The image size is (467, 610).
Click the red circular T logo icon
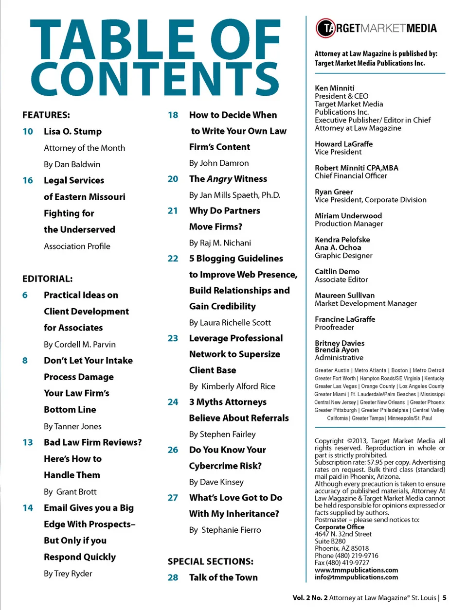point(325,28)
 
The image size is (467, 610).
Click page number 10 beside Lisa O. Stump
point(28,132)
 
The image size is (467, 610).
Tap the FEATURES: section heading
point(46,115)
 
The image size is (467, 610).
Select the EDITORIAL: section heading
point(48,279)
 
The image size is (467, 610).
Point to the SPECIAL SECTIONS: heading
point(211,561)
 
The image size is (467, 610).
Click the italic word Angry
point(219,179)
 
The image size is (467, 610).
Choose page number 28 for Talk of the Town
point(173,577)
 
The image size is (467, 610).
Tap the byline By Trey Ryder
point(68,574)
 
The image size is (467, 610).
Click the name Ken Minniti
point(335,88)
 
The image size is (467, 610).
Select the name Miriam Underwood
point(348,215)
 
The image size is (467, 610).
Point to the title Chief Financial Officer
point(351,176)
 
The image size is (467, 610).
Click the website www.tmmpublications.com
point(356,570)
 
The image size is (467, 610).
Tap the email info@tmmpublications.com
point(356,577)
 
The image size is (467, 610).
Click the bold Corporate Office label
point(339,527)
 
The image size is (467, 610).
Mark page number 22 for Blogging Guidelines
point(173,259)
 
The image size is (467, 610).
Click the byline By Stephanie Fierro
point(225,530)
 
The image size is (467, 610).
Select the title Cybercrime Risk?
point(225,466)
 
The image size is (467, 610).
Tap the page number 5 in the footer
point(445,598)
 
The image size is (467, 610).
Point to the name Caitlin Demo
point(337,271)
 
